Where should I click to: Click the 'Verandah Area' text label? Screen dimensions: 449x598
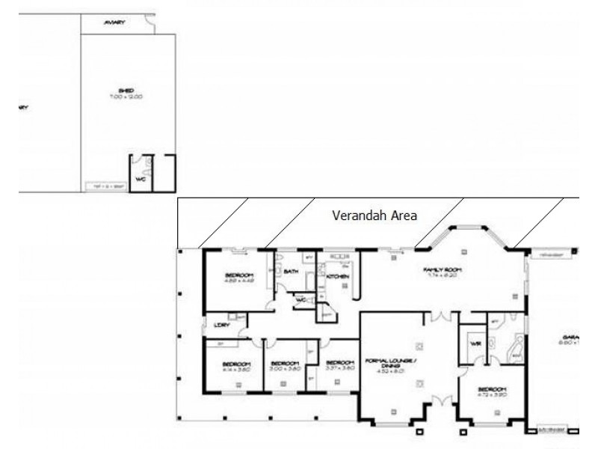tap(374, 215)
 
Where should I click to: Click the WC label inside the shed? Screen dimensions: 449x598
tap(140, 180)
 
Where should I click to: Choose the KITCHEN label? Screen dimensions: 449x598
tap(338, 277)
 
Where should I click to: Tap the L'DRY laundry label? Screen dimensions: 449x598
tap(220, 325)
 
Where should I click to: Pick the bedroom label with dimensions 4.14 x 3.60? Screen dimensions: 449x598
tap(235, 367)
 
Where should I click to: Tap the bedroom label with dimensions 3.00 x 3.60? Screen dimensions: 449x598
tap(284, 367)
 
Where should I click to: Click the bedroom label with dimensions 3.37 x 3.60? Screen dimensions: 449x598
tap(339, 367)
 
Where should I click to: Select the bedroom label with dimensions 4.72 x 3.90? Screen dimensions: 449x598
tap(492, 391)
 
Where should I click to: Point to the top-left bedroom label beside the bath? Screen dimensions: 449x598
tap(240, 277)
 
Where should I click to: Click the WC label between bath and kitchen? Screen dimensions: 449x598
tap(301, 300)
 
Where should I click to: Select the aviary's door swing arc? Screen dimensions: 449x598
tap(150, 27)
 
